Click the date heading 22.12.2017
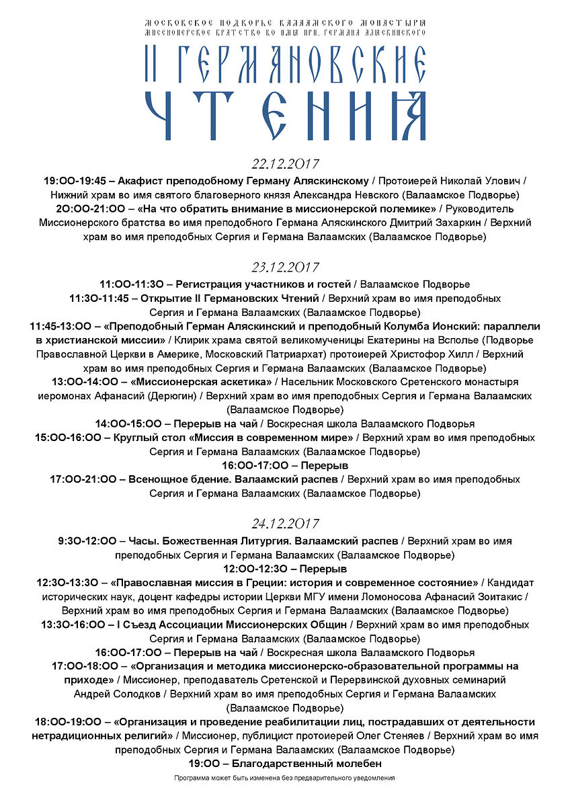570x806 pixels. click(285, 164)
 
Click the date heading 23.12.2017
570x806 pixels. click(285, 267)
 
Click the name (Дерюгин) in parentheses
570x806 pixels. click(173, 395)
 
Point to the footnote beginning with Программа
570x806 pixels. click(284, 778)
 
